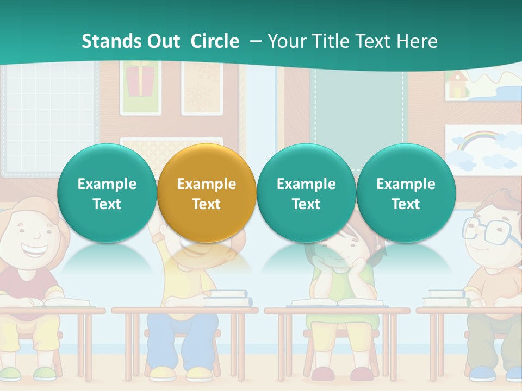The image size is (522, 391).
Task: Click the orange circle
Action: coord(207,193)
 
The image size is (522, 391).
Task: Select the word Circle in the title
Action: coord(215,41)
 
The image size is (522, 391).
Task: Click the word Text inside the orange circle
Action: coord(207,204)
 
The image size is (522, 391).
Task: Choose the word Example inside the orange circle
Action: coord(207,184)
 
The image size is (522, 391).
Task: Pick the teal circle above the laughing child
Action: coord(107,193)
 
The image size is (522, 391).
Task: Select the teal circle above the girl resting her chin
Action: coord(306,193)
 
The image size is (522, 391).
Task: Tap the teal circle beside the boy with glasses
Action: coord(406,193)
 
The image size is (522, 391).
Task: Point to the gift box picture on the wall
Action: coord(140,81)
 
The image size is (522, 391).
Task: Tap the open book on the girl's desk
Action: coord(337,302)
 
